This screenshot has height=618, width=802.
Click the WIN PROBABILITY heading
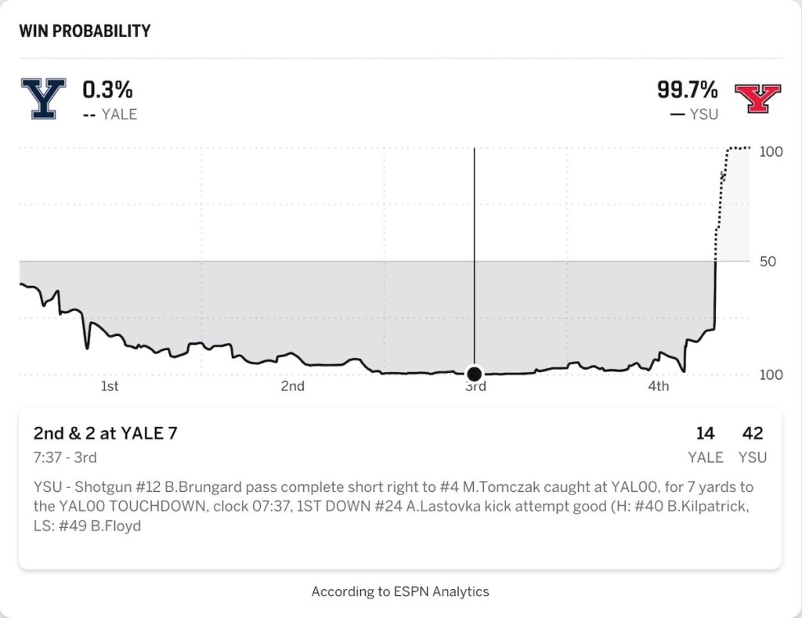tap(85, 31)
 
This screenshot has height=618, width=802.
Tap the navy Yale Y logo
tap(43, 99)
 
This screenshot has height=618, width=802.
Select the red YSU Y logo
tap(757, 99)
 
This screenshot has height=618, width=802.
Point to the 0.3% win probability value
tap(108, 89)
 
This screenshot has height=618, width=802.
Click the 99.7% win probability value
tap(686, 89)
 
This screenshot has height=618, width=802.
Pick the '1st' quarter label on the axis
tap(110, 386)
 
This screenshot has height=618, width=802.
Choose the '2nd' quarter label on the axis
tap(293, 386)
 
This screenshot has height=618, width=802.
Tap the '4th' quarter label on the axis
tap(659, 386)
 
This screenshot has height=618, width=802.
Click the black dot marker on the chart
tap(474, 373)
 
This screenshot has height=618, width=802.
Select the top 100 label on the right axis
tap(771, 151)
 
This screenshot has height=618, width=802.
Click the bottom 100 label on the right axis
tap(771, 374)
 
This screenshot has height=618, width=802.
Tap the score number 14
tap(705, 433)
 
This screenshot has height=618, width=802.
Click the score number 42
tap(752, 433)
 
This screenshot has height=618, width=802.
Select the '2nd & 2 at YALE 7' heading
tap(105, 433)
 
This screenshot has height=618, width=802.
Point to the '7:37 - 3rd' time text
tap(65, 457)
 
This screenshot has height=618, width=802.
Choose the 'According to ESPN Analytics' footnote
tap(400, 591)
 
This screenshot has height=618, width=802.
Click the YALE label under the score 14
tap(705, 457)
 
